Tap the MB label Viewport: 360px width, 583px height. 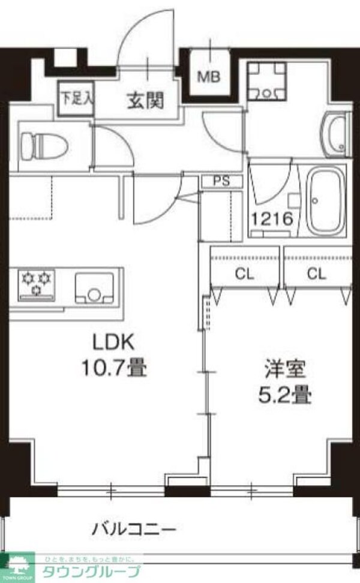209,77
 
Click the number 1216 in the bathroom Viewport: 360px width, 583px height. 272,219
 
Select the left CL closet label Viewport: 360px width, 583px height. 244,274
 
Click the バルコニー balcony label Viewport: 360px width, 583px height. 134,529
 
